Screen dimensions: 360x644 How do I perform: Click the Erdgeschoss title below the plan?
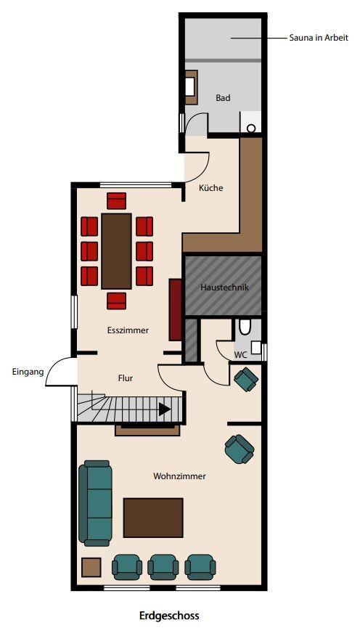pyautogui.click(x=169, y=616)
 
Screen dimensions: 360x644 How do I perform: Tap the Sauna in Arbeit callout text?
pyautogui.click(x=319, y=38)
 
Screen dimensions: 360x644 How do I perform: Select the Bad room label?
pyautogui.click(x=223, y=98)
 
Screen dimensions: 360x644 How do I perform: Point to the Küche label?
pyautogui.click(x=211, y=188)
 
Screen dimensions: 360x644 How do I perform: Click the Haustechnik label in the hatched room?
pyautogui.click(x=224, y=287)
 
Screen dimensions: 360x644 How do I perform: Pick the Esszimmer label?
pyautogui.click(x=128, y=330)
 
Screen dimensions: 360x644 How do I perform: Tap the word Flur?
pyautogui.click(x=126, y=378)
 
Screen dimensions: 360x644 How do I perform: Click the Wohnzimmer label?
pyautogui.click(x=179, y=476)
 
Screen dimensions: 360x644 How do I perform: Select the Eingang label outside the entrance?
pyautogui.click(x=28, y=372)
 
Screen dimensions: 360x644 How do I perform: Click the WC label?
pyautogui.click(x=240, y=355)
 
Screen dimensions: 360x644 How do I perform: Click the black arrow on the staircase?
pyautogui.click(x=165, y=409)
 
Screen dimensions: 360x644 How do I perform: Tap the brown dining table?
pyautogui.click(x=117, y=251)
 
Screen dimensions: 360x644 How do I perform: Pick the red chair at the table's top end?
pyautogui.click(x=117, y=201)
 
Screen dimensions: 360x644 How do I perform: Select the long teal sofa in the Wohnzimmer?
pyautogui.click(x=96, y=503)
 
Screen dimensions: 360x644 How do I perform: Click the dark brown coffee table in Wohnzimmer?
pyautogui.click(x=153, y=518)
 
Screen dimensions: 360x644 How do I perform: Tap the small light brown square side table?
pyautogui.click(x=91, y=567)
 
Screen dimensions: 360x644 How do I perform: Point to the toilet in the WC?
pyautogui.click(x=245, y=327)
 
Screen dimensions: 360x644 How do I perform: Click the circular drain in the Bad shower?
pyautogui.click(x=251, y=128)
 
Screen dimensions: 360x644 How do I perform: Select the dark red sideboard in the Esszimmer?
pyautogui.click(x=175, y=310)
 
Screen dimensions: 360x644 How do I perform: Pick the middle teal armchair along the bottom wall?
pyautogui.click(x=163, y=567)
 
